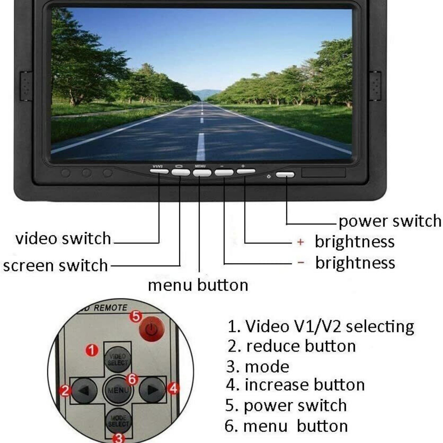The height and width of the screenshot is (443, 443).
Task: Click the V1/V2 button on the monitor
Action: click(x=159, y=171)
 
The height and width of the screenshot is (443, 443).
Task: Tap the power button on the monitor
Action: click(x=285, y=175)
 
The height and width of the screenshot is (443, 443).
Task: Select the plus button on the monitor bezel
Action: click(x=246, y=171)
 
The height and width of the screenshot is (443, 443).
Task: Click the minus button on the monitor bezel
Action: click(x=224, y=172)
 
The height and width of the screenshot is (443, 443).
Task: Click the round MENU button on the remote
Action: click(x=118, y=390)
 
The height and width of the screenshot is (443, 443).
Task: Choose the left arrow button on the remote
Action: click(x=84, y=390)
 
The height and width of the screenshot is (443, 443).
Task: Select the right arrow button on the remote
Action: click(x=152, y=390)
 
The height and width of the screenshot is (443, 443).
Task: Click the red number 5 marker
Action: click(x=136, y=316)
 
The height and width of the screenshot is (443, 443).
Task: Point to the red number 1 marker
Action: click(x=92, y=350)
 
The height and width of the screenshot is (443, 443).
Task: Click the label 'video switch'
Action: click(x=63, y=239)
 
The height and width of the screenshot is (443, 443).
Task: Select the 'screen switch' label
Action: click(x=56, y=265)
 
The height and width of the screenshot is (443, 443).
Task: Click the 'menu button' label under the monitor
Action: click(x=198, y=285)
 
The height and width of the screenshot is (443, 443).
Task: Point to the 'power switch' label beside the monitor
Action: click(x=390, y=221)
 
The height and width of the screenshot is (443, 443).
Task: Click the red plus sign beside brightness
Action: click(x=300, y=242)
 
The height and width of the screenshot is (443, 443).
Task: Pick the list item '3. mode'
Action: click(x=258, y=367)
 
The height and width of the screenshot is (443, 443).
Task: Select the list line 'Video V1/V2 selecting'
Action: click(x=321, y=327)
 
